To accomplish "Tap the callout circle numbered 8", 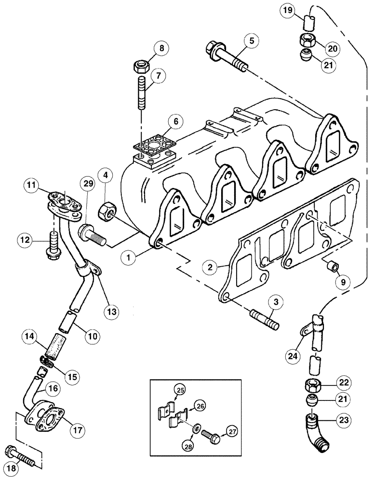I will (162, 49).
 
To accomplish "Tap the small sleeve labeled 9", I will (332, 266).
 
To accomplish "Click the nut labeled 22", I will (313, 384).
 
